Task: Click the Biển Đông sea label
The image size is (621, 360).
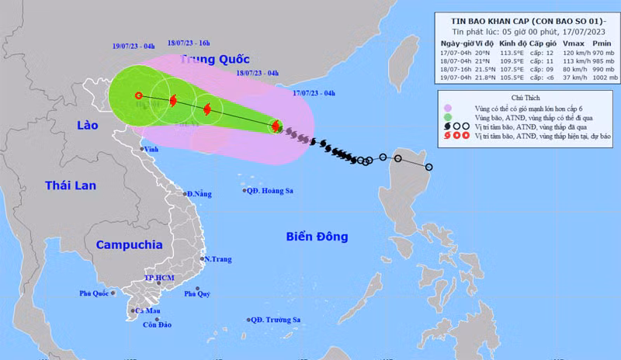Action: click(317, 237)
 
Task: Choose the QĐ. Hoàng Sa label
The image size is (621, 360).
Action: click(271, 190)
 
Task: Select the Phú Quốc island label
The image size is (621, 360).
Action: click(96, 293)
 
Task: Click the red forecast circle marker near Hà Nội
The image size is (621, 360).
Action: click(138, 95)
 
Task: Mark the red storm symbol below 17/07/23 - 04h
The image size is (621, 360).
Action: click(275, 126)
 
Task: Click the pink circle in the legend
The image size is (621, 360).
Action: click(446, 108)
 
